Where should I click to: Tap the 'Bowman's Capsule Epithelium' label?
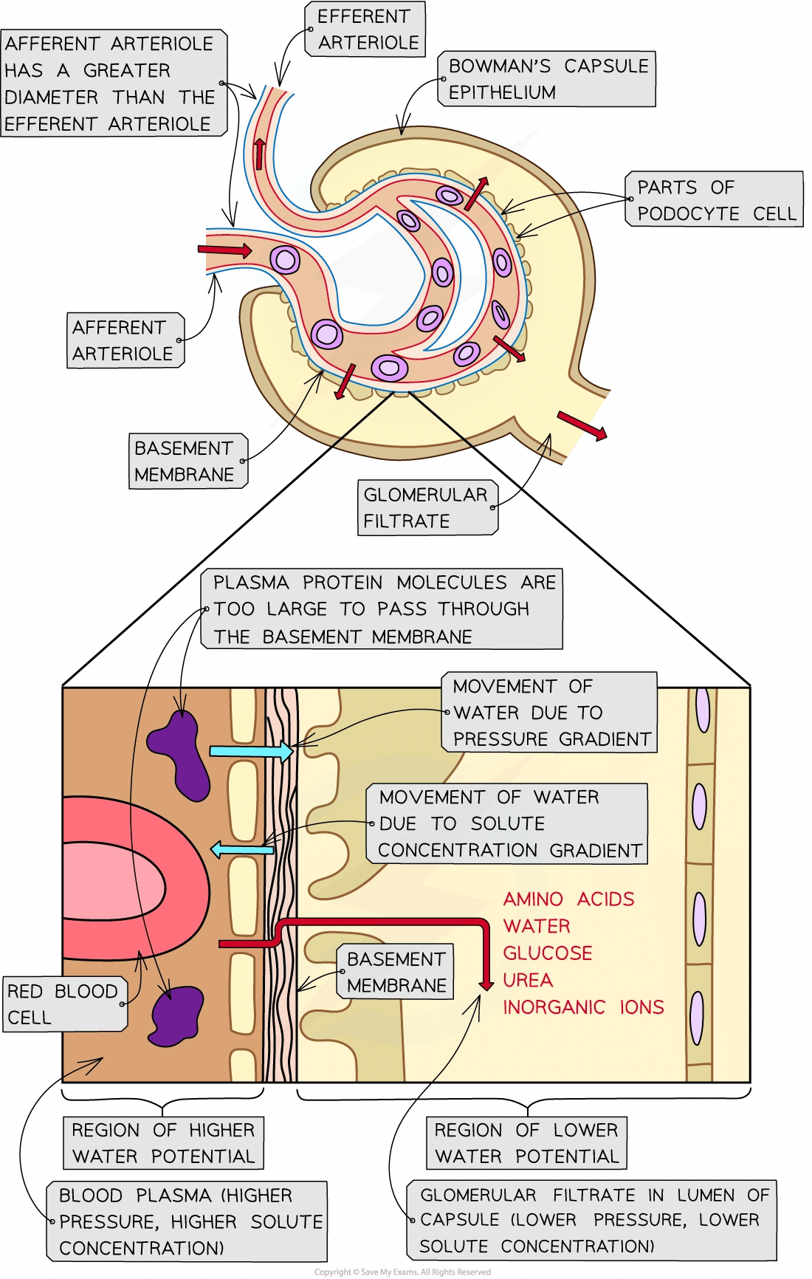pos(548,79)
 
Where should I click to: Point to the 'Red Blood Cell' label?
pos(63,1004)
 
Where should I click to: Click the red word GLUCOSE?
pos(548,953)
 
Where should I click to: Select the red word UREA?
pos(528,981)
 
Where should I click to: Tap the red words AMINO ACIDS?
pos(568,899)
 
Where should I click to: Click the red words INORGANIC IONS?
pos(583,1007)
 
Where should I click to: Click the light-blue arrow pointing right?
pos(251,752)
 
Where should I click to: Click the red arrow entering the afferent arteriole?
pos(224,251)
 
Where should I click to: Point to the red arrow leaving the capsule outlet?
pos(582,426)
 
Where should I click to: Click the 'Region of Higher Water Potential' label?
pos(163,1143)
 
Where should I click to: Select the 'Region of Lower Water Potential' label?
pos(526,1143)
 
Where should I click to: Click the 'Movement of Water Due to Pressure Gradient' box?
pos(551,713)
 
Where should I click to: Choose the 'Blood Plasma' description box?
pos(188,1222)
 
